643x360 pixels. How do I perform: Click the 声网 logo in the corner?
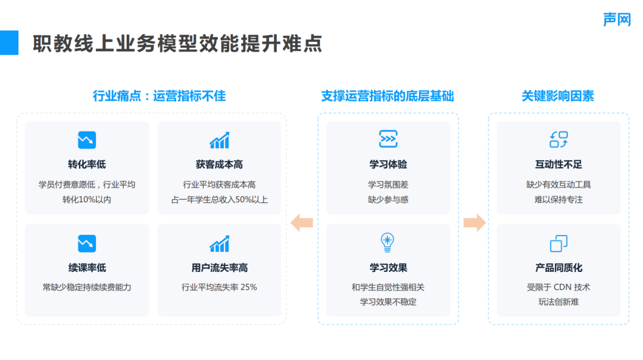(616, 19)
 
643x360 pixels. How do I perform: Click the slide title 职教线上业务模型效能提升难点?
(177, 43)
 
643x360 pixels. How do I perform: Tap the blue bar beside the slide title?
(9, 43)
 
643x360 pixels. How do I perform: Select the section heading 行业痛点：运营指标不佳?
(159, 96)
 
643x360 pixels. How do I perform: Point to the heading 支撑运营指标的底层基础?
(388, 96)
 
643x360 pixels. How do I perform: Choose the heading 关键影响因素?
(558, 96)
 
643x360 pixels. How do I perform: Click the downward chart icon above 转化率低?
(87, 140)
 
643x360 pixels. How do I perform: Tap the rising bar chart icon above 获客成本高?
(219, 140)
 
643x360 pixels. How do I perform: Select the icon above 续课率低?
(87, 243)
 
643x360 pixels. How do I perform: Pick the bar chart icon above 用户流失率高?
(219, 243)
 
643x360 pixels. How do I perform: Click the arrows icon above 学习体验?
(388, 139)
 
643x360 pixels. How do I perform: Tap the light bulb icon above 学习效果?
(388, 242)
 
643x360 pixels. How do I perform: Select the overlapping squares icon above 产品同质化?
(558, 243)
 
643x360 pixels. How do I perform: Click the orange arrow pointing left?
(302, 223)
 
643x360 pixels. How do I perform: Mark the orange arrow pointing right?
(474, 223)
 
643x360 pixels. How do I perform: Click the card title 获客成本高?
(219, 164)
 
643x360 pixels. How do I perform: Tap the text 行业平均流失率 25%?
(219, 287)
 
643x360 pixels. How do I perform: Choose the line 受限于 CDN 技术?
(558, 287)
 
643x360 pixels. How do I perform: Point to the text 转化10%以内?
(87, 199)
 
